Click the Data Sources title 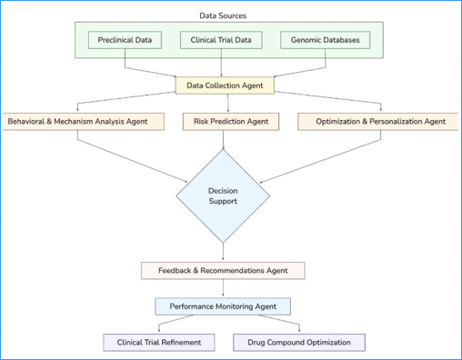click(x=223, y=15)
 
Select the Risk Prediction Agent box click(x=231, y=121)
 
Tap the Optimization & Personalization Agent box click(x=380, y=121)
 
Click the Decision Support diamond click(x=223, y=195)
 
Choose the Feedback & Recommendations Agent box click(x=223, y=270)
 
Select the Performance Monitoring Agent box click(x=223, y=306)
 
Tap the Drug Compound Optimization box click(x=299, y=343)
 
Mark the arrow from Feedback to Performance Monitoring click(x=223, y=288)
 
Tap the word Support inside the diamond click(x=223, y=202)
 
